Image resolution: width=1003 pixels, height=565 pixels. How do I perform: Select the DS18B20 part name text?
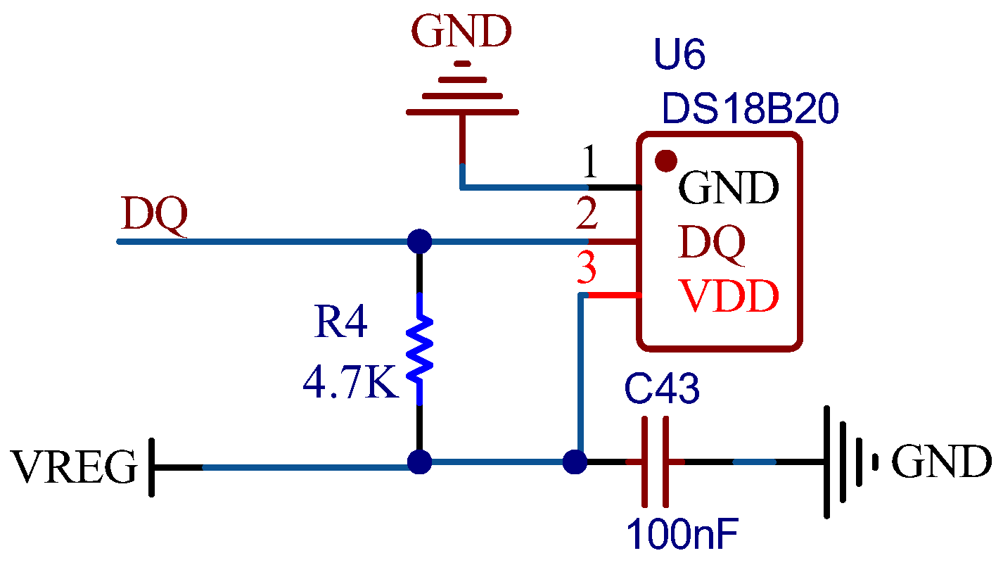[x=750, y=110]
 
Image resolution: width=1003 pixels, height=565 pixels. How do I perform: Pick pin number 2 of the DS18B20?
[x=587, y=216]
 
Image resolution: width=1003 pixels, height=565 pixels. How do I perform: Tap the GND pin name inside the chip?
[x=728, y=189]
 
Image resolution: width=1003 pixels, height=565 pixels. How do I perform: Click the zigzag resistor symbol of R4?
[x=420, y=350]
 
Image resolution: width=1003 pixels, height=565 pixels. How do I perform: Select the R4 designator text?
[x=340, y=323]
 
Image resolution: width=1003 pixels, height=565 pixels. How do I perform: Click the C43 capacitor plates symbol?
[x=654, y=462]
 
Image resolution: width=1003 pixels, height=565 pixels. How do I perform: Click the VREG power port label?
[x=74, y=467]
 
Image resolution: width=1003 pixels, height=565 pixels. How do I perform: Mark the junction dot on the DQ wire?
[x=420, y=241]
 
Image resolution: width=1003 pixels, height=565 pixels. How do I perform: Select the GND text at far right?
[x=941, y=463]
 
